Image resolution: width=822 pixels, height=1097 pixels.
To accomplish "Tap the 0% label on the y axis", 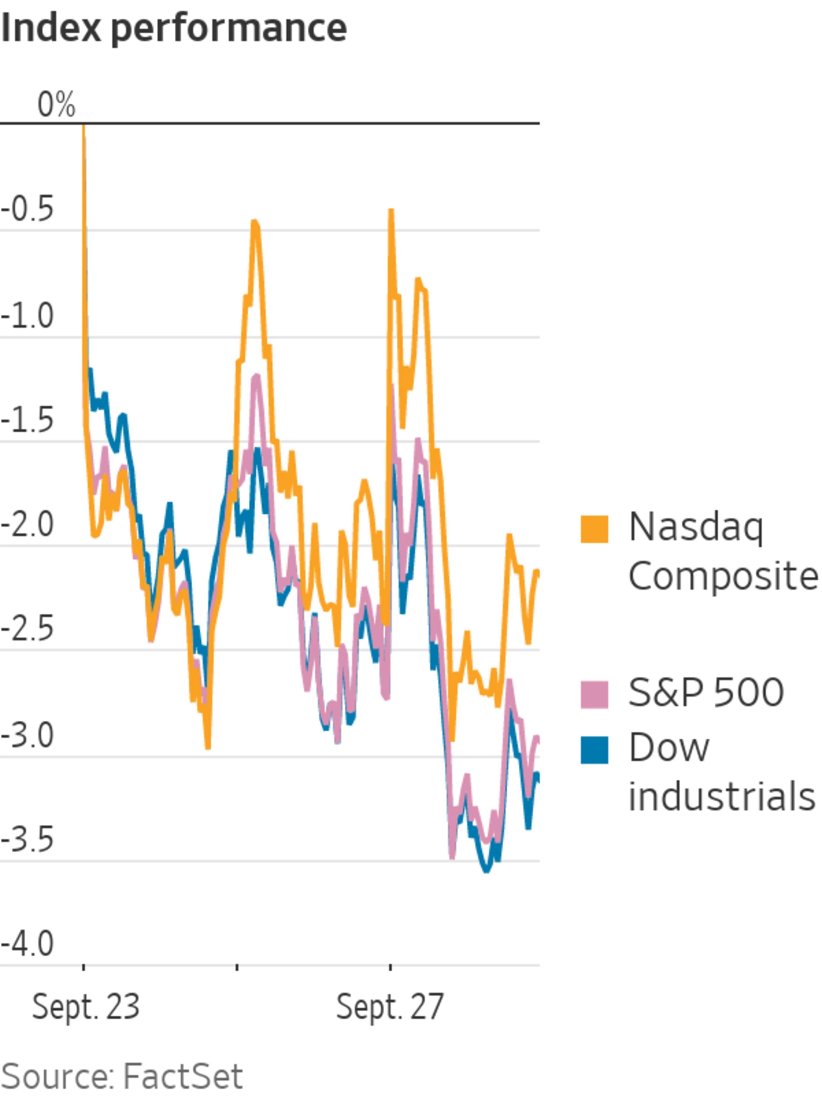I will coord(56,105).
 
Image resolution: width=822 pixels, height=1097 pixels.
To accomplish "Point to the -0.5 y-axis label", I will coord(27,208).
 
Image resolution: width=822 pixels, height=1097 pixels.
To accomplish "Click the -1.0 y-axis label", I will coord(27,316).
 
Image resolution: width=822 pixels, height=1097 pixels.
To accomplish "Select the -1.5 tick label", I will coord(27,420).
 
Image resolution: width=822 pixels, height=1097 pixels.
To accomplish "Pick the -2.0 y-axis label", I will coord(27,525).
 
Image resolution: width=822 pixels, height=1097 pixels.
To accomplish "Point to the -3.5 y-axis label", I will coord(27,840).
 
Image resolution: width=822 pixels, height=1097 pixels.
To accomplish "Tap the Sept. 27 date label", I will coord(389,1007).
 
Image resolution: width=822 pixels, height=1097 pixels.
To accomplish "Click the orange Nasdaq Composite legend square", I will coord(594,529).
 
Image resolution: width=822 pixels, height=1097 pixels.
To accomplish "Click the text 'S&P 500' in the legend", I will coord(705,693).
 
